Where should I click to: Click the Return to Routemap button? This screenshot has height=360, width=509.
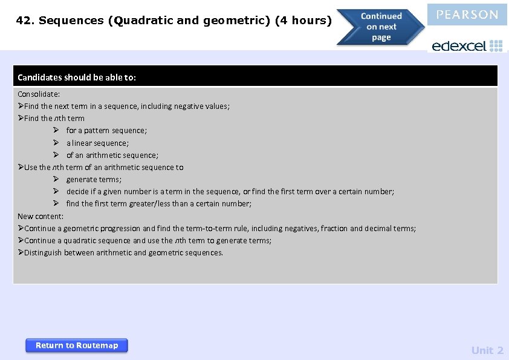click(76, 345)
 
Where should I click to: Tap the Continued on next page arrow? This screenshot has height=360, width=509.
click(381, 27)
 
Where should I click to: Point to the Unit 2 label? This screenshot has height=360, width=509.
click(487, 350)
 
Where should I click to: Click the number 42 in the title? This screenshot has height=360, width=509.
click(24, 21)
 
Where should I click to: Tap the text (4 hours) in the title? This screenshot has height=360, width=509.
click(303, 21)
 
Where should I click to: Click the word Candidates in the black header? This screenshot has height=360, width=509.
click(37, 77)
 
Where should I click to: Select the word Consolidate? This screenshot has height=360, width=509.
click(39, 94)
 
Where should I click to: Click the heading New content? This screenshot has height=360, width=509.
click(41, 216)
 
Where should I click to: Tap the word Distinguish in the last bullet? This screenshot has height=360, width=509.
click(43, 252)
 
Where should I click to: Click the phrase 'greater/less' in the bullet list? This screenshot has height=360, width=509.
click(149, 203)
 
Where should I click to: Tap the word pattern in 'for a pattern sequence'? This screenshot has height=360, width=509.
click(97, 130)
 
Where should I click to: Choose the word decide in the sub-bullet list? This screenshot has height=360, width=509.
click(77, 191)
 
